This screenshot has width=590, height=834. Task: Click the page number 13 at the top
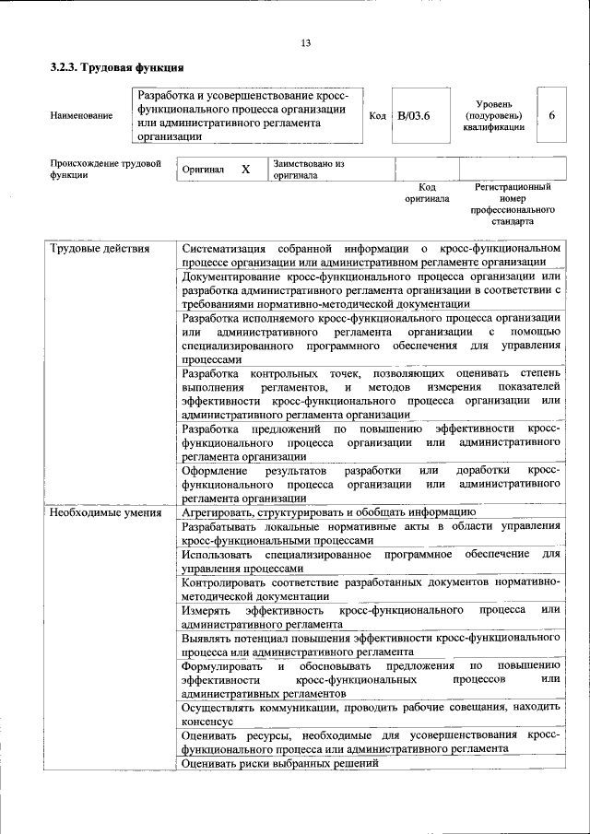305,42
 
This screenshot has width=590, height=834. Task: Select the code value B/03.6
414,115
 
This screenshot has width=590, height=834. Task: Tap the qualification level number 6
551,115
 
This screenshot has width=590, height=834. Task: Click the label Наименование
82,115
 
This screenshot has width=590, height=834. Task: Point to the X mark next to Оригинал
245,170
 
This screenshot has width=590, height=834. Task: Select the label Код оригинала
427,193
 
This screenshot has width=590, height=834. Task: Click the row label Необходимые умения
105,512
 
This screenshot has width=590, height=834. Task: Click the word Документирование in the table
236,276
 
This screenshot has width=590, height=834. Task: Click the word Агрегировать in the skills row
217,511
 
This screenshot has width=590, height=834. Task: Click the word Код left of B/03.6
377,115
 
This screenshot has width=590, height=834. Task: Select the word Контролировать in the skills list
226,582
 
